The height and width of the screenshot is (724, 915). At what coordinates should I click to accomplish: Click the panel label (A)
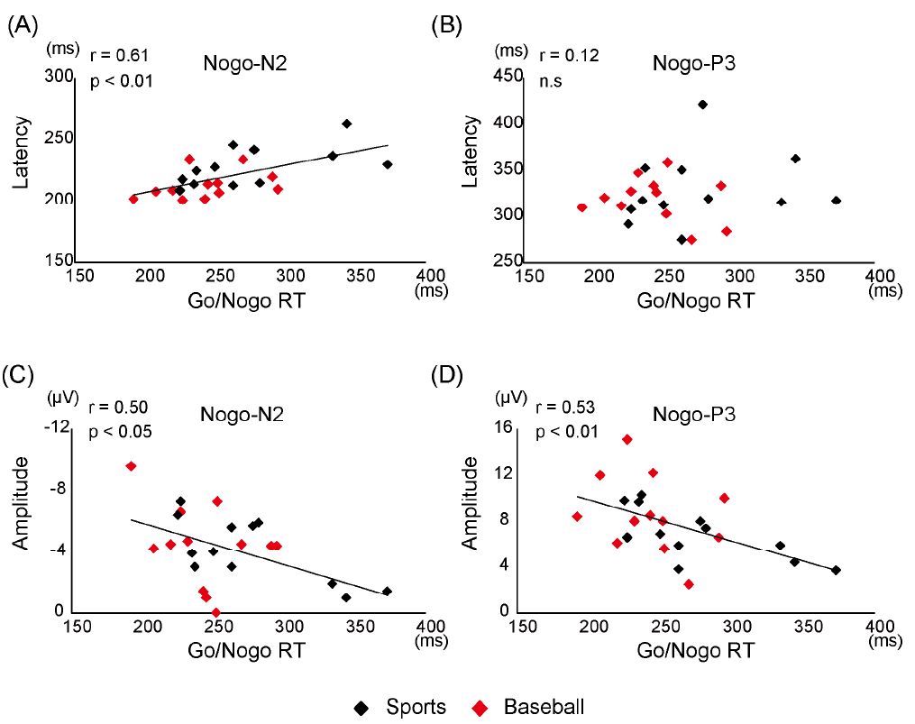(22, 26)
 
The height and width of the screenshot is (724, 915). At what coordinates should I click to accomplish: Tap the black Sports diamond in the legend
(361, 707)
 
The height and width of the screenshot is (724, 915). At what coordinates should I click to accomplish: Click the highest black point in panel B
(702, 105)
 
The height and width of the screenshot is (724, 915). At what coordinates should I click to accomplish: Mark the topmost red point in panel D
(627, 439)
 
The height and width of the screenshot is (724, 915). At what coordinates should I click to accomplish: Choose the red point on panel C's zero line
(215, 612)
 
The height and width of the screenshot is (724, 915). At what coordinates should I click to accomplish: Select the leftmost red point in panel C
(131, 466)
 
